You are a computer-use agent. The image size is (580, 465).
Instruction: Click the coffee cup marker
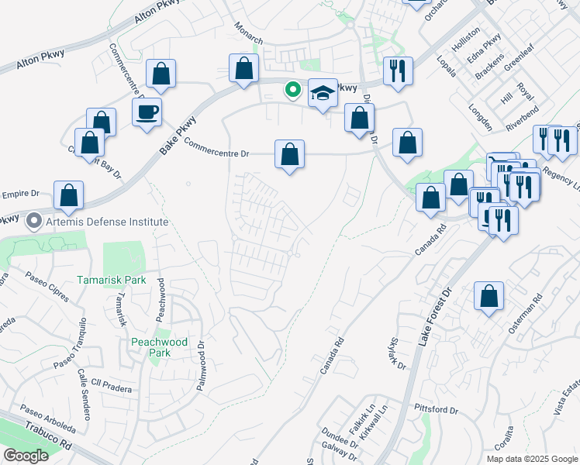147,112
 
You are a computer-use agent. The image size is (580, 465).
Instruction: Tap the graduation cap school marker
322,94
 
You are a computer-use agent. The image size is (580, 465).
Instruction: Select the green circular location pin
292,90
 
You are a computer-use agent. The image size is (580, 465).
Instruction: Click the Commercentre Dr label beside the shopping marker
217,148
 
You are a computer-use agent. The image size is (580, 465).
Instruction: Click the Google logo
26,456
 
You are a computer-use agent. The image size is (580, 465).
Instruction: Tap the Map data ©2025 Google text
533,458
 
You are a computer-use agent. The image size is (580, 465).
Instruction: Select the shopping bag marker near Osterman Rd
489,297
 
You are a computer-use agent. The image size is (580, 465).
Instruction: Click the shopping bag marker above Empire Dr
69,195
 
